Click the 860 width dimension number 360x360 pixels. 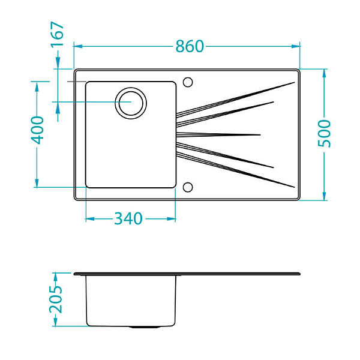tap(190, 46)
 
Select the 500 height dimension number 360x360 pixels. tap(325, 134)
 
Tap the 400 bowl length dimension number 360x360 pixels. tap(37, 130)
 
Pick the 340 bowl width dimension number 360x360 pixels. tap(128, 218)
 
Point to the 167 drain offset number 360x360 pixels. tap(57, 34)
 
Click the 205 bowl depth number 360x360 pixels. tap(56, 299)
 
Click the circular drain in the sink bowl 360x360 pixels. tap(131, 103)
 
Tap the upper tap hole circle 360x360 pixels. tap(188, 82)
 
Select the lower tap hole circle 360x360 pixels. tap(188, 187)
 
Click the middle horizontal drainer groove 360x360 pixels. tap(218, 135)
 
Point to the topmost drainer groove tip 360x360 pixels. tap(295, 82)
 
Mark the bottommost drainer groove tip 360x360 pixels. tap(295, 187)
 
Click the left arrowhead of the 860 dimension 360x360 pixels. tap(78, 46)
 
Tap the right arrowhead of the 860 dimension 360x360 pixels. tap(296, 46)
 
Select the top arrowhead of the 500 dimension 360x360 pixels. tap(324, 73)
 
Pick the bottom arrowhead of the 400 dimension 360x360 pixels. tap(37, 183)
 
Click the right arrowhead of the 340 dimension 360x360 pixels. tap(171, 219)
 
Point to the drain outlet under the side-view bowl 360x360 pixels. tap(145, 327)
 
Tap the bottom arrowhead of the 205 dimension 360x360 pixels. tap(55, 322)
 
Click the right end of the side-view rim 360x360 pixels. tap(300, 274)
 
